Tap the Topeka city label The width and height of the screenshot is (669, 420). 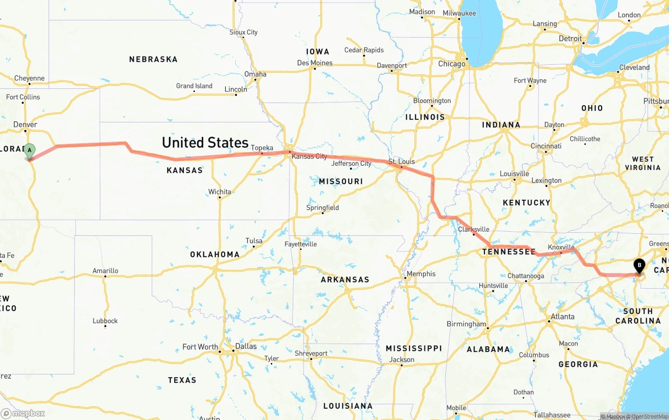tap(262, 148)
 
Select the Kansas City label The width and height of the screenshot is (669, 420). tap(309, 156)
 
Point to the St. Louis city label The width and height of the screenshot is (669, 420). tap(401, 162)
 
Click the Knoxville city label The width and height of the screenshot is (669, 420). tap(561, 247)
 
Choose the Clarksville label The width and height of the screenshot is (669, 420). tap(474, 229)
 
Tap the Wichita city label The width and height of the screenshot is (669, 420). tap(220, 192)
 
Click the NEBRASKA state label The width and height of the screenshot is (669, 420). tap(153, 60)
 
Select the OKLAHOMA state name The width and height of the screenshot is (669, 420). tap(215, 255)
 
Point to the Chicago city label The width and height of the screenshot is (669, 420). tap(452, 64)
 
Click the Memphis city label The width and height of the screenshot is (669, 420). tap(421, 274)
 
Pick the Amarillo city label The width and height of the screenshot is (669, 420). tap(105, 271)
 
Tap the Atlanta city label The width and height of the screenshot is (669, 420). tap(562, 316)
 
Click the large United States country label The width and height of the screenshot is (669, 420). tap(205, 142)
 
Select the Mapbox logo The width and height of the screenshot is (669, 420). tap(23, 413)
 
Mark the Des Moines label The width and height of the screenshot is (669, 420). tap(315, 63)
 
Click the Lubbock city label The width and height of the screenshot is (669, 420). tap(105, 321)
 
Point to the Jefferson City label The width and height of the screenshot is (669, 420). tap(351, 164)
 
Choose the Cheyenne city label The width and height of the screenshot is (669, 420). tap(29, 78)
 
